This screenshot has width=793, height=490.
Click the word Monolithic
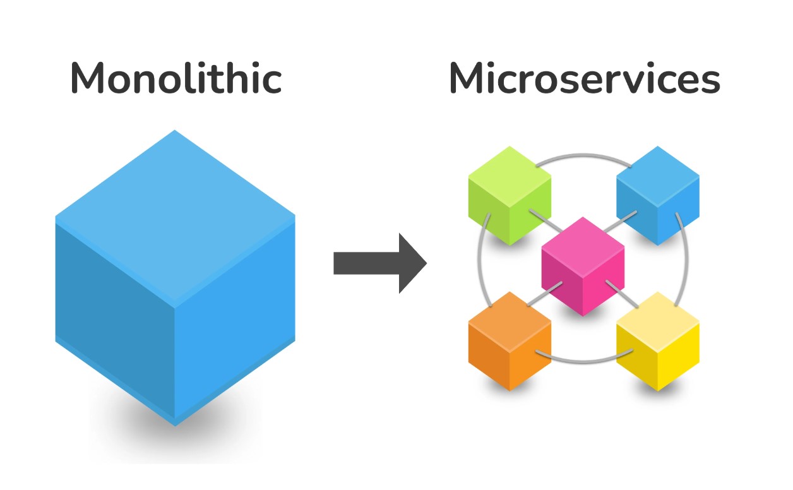point(176,79)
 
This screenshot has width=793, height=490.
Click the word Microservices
point(584,79)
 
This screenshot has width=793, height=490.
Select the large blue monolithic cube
point(175,278)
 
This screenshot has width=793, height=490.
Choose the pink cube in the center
point(583,265)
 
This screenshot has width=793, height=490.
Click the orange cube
point(510,341)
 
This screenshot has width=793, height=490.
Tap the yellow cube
point(657,341)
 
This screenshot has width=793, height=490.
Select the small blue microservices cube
point(657,195)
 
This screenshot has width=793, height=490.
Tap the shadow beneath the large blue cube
point(175,436)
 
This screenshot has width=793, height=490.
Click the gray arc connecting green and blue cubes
point(583,153)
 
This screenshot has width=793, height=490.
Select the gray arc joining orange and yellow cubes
point(583,361)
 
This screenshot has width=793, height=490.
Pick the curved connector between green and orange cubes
point(481,265)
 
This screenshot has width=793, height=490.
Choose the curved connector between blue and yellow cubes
point(686,265)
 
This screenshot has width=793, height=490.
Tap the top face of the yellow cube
point(657,314)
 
